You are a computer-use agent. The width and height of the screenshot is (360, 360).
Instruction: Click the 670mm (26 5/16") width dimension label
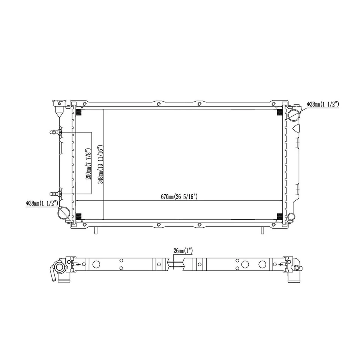tap(179, 196)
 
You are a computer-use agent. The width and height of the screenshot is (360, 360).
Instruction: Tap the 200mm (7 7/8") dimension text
tap(88, 164)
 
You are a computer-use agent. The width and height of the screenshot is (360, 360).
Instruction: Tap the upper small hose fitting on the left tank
tap(55, 132)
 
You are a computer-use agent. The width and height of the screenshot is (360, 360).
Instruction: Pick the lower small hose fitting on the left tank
tap(55, 194)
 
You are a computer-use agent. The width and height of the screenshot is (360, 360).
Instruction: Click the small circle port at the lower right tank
tap(292, 216)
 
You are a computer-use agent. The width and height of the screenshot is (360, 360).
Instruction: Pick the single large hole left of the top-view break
tap(96, 264)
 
